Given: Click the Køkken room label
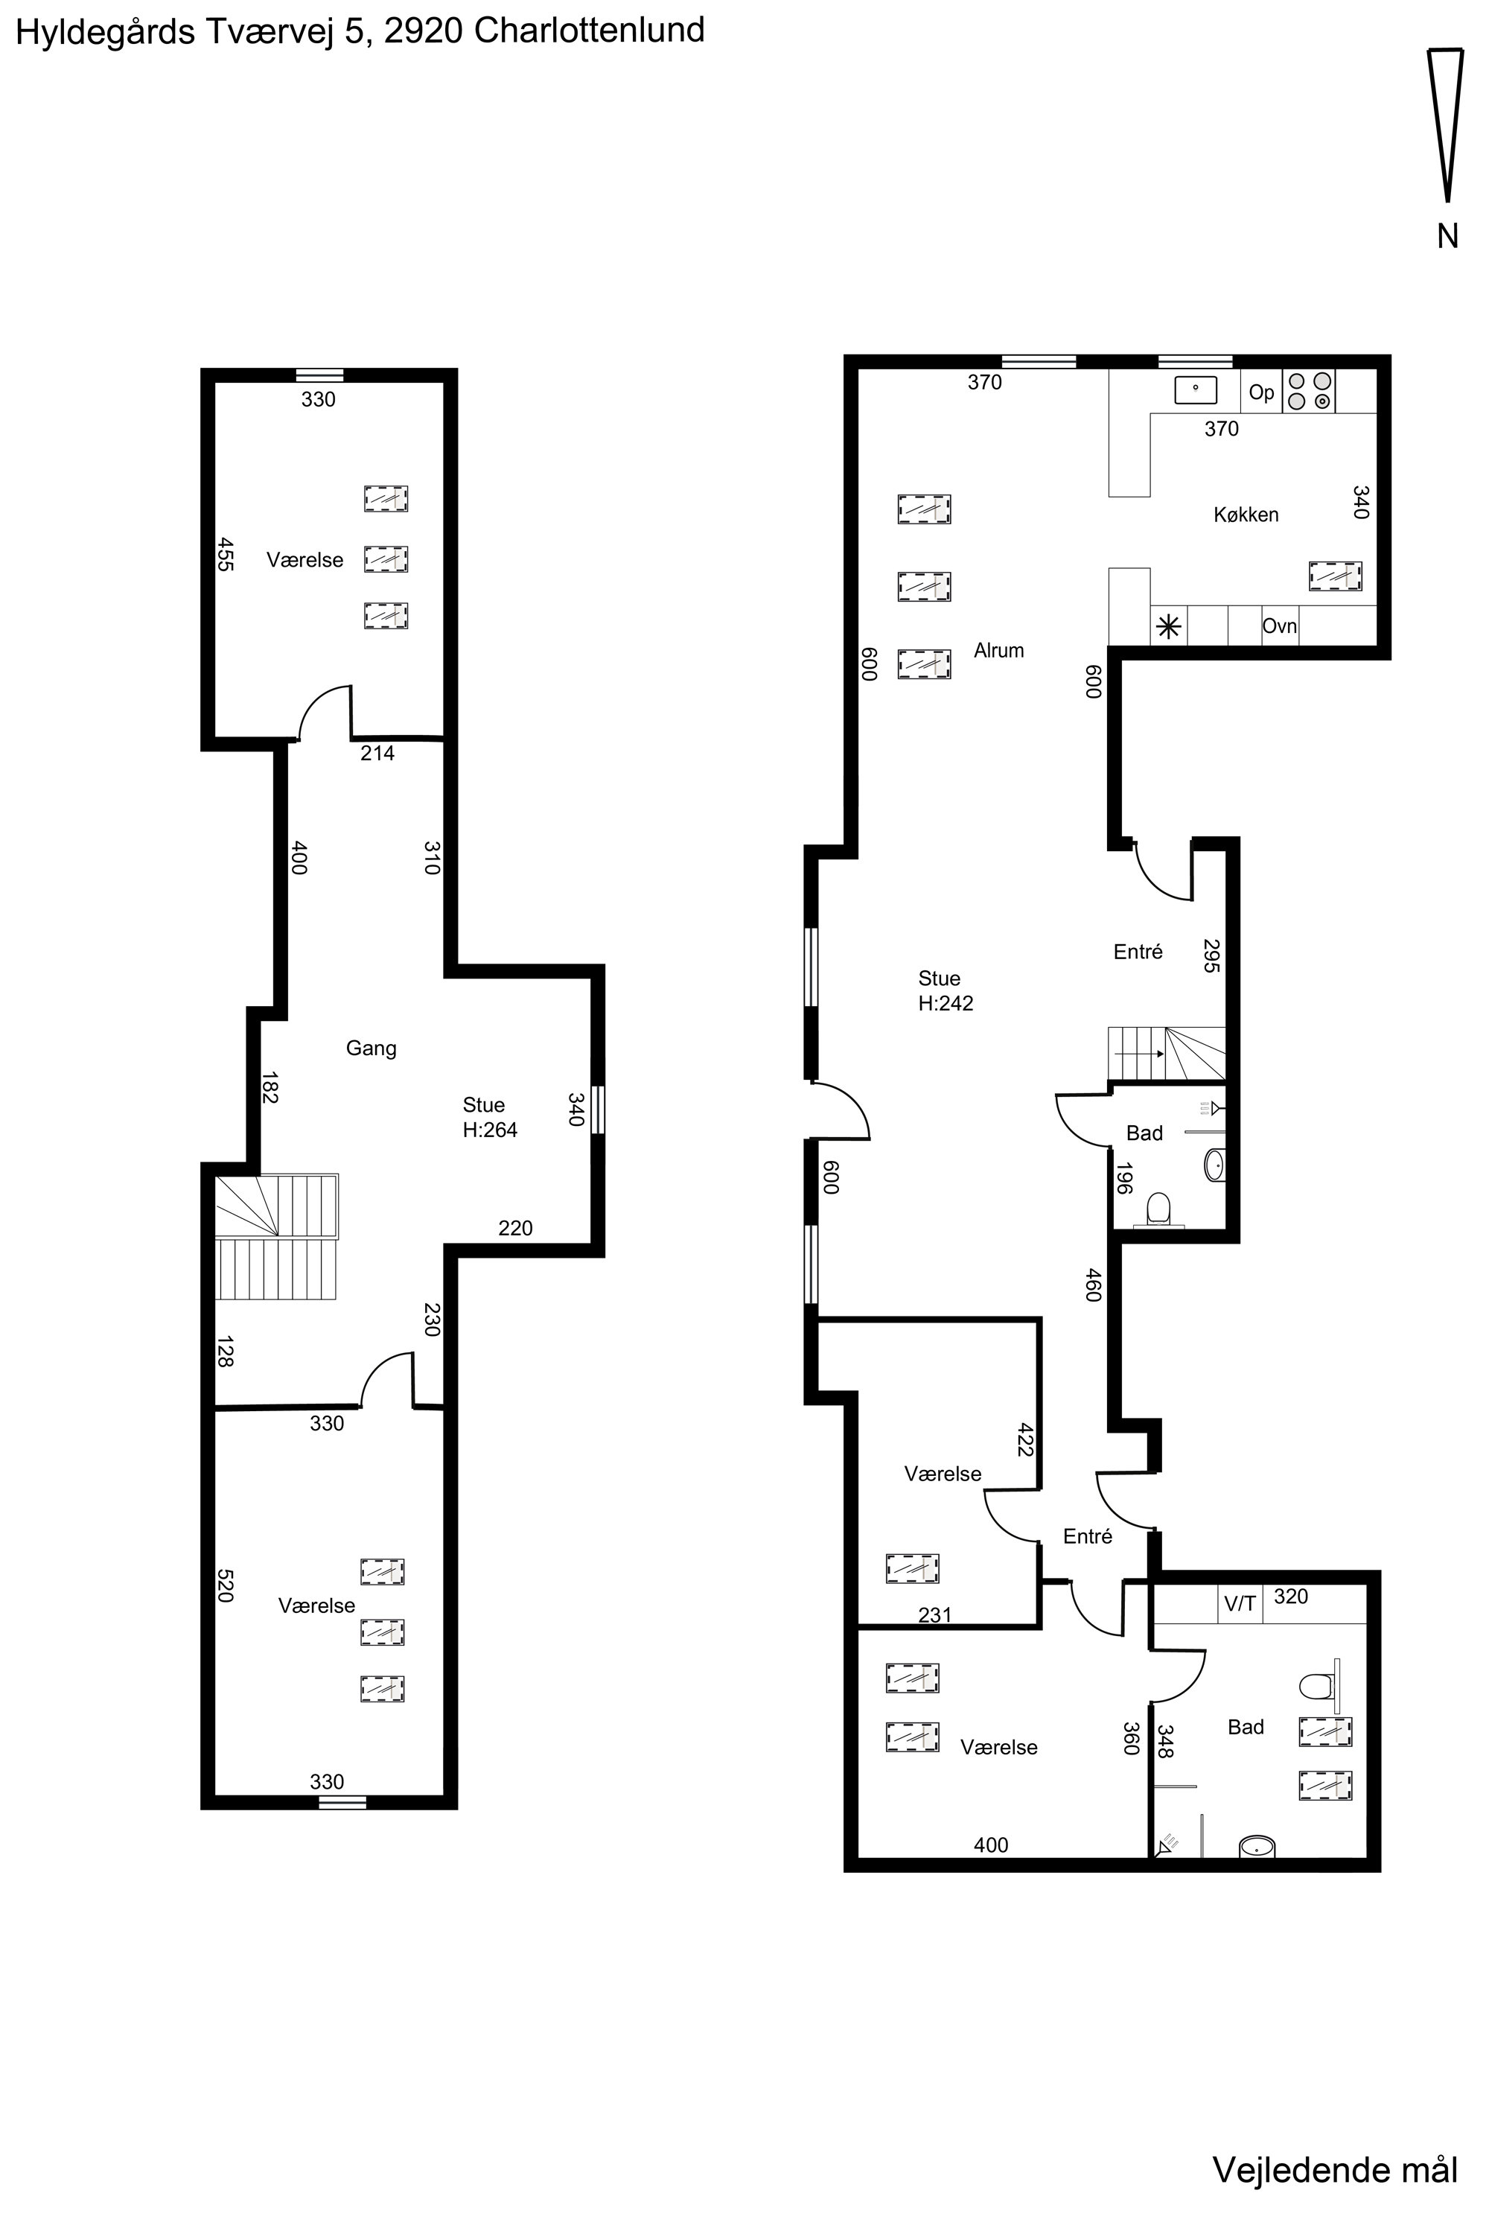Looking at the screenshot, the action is coord(1246,515).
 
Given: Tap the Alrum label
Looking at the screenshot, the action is coord(999,651).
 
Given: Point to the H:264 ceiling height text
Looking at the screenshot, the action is coord(490,1130).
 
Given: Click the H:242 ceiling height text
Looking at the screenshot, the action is coord(946,1004).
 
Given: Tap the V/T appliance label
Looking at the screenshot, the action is coord(1240,1604).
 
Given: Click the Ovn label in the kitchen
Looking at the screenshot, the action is coord(1279,627).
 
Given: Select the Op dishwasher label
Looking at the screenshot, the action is coord(1261,392).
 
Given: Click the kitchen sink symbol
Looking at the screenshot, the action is coord(1196,390).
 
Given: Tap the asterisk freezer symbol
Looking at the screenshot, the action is coord(1169,627).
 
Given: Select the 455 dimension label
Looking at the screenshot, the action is coord(225,555).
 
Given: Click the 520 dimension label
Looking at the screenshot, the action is coord(225,1585).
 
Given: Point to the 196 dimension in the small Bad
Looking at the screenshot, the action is coord(1123,1179).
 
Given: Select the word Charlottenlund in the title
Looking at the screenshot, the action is coord(589,31).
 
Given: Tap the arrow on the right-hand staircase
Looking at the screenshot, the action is coord(1140,1054).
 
